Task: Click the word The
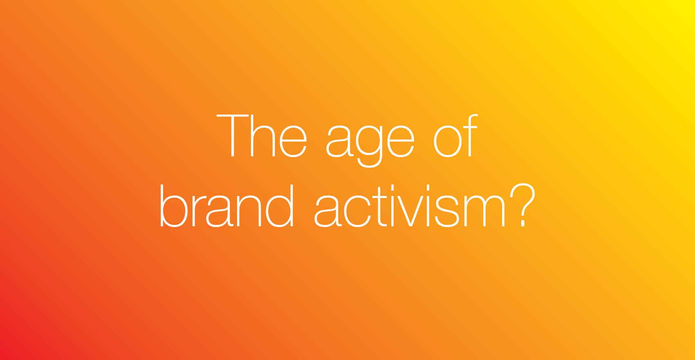click(x=262, y=136)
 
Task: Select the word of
click(x=455, y=136)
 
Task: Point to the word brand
click(x=226, y=206)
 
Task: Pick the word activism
click(x=410, y=206)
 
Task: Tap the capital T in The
click(x=232, y=136)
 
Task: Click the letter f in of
click(x=471, y=136)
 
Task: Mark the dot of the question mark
click(x=523, y=223)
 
